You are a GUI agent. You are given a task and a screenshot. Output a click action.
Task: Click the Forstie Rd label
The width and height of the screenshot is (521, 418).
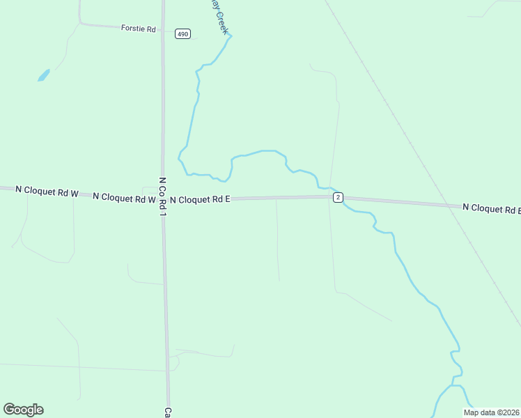[137, 29]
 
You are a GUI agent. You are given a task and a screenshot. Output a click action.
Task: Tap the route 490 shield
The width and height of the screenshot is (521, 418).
[182, 33]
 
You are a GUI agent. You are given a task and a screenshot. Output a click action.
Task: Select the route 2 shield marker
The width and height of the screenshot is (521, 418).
[338, 198]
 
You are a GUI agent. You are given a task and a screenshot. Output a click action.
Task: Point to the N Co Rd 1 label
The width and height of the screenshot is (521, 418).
[162, 195]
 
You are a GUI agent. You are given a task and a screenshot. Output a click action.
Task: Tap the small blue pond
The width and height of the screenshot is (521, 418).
[43, 75]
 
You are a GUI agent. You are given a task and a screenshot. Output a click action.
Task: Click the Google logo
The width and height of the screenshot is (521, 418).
[23, 410]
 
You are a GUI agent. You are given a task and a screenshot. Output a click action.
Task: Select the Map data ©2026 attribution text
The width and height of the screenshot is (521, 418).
[491, 412]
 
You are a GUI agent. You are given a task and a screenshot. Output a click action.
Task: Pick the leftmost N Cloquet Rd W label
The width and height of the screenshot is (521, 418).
[46, 191]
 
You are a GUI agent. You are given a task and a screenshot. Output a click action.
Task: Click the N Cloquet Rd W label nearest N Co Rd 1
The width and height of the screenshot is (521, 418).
[123, 198]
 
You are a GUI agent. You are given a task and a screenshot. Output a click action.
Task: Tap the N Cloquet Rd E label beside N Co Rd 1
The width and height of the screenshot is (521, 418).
[200, 199]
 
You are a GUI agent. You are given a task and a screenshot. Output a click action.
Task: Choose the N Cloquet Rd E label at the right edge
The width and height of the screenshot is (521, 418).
[491, 208]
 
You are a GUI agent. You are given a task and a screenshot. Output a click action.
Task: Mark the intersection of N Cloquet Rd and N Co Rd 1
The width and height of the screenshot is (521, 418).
[164, 199]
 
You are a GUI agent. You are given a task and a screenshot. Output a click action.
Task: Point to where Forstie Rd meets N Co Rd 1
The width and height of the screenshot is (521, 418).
[163, 30]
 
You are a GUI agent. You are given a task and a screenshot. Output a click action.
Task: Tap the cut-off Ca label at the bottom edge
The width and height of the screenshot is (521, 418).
[168, 412]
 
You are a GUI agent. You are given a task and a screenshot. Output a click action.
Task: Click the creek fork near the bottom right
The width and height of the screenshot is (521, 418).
[452, 385]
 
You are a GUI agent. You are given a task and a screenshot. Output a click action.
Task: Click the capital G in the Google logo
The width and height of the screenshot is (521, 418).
[9, 409]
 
